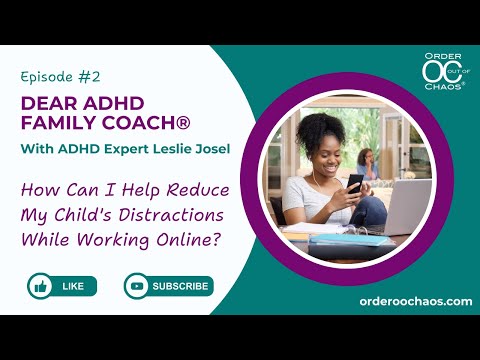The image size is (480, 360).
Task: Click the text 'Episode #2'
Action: [60, 77]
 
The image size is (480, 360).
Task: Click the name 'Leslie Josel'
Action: [191, 149]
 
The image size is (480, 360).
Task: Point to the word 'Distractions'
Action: [171, 215]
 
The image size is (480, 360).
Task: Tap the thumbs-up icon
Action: [40, 286]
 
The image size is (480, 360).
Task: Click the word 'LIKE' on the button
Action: [73, 286]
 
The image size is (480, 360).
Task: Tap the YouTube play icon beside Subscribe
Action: [137, 286]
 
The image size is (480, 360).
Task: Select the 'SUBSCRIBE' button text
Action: [180, 286]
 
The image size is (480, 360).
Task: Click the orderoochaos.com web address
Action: [416, 301]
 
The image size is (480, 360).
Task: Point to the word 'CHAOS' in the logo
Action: [443, 87]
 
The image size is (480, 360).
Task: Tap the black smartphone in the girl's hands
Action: [355, 183]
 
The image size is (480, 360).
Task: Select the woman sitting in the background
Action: [367, 165]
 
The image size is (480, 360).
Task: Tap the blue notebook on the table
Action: [348, 240]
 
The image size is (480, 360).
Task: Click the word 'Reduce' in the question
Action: [198, 190]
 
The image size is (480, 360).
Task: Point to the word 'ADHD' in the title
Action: [114, 103]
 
